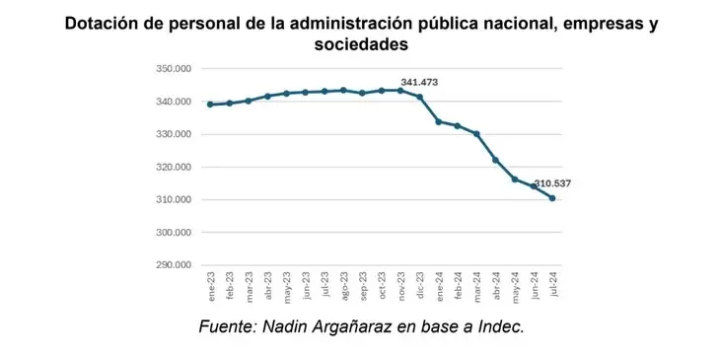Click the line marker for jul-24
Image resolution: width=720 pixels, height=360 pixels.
coord(552,198)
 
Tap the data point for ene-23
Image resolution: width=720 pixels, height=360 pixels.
coord(210,104)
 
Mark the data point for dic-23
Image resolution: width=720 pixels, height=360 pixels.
coord(419,97)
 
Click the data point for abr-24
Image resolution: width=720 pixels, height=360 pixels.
coord(495,160)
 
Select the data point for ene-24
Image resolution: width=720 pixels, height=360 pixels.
coord(439,121)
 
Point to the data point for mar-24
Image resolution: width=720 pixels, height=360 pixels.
coord(476,134)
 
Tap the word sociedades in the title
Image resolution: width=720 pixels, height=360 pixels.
coord(360,45)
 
